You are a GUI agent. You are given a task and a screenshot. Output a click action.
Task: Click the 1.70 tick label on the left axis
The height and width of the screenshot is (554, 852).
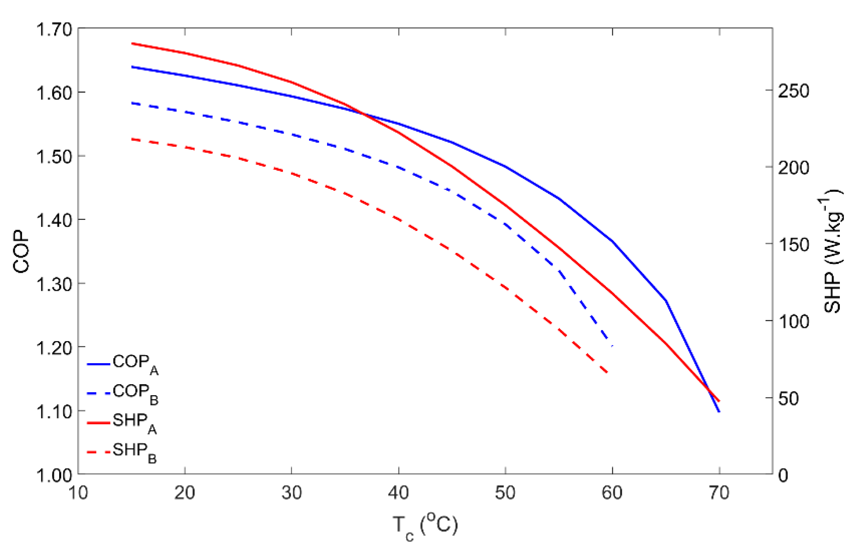click(x=54, y=29)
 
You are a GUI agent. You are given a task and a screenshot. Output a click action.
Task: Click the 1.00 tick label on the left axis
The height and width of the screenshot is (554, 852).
click(x=54, y=475)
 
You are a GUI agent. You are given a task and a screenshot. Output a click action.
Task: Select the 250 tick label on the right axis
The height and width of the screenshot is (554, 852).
click(x=794, y=91)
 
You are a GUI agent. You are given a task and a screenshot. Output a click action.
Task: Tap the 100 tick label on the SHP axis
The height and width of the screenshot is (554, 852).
click(x=794, y=322)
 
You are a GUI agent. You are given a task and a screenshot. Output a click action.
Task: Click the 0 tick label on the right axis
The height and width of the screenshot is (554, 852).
click(x=783, y=475)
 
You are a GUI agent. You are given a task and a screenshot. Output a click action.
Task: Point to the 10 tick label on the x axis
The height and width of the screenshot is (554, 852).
click(x=78, y=493)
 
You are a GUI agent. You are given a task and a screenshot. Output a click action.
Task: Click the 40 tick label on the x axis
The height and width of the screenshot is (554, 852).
click(x=398, y=493)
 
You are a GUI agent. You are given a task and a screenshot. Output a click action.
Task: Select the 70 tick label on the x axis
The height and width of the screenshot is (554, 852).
click(x=719, y=493)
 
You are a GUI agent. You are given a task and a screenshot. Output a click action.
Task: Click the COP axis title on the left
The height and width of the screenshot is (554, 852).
click(x=21, y=252)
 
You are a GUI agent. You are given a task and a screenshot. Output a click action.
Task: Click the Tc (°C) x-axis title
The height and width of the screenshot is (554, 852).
click(x=425, y=526)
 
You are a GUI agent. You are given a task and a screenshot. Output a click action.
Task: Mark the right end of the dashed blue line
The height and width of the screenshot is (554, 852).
click(x=612, y=346)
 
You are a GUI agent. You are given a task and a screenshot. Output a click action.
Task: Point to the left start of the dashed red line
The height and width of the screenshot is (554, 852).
click(x=132, y=139)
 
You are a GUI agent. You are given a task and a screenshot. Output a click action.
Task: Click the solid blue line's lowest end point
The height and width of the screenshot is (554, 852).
click(x=719, y=412)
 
